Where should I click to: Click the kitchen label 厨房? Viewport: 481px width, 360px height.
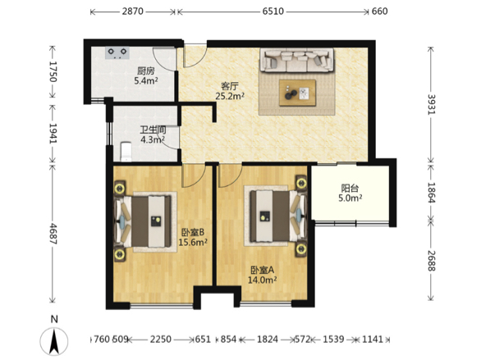coord(146,71)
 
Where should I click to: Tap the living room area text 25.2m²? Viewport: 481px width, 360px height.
coord(230,96)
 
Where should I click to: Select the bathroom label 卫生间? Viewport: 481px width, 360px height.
coord(153,130)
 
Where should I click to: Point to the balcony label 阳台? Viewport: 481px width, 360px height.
coord(350,188)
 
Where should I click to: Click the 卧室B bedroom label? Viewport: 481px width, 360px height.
coord(193,233)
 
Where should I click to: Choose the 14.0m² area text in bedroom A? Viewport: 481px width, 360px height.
coord(263,280)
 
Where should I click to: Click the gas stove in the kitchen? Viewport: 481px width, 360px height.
coord(117,52)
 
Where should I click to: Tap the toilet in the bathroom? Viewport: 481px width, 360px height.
coord(126,152)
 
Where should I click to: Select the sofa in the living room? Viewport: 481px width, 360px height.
coord(297,60)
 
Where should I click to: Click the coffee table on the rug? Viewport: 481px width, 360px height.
coord(298,93)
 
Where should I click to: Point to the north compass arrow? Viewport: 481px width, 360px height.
coord(54,340)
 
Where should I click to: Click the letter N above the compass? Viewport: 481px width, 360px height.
coord(54,319)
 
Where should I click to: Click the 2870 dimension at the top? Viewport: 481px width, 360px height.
coord(132,11)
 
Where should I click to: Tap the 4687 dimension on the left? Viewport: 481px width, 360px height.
coord(53,234)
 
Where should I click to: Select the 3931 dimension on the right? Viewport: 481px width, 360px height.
coord(431,104)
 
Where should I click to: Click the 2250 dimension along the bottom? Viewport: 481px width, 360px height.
coord(160,339)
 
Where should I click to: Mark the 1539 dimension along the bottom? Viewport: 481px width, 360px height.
coord(333,339)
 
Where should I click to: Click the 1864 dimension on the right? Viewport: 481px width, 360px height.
coord(431,193)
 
